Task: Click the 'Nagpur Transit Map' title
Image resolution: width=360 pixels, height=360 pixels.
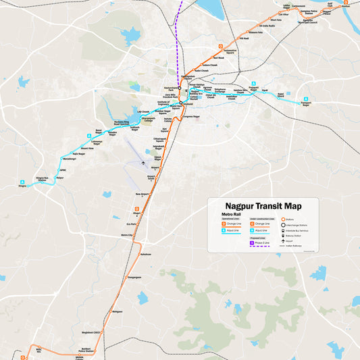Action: (263, 206)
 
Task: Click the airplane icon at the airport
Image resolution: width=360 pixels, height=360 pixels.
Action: (143, 163)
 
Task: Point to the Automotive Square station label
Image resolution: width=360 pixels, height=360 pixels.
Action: (230, 51)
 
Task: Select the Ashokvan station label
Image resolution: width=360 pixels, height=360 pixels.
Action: (146, 254)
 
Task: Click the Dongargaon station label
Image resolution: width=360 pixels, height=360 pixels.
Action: (135, 277)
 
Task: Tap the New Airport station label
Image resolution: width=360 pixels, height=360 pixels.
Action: (141, 195)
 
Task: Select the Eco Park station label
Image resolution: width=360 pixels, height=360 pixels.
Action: (132, 224)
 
